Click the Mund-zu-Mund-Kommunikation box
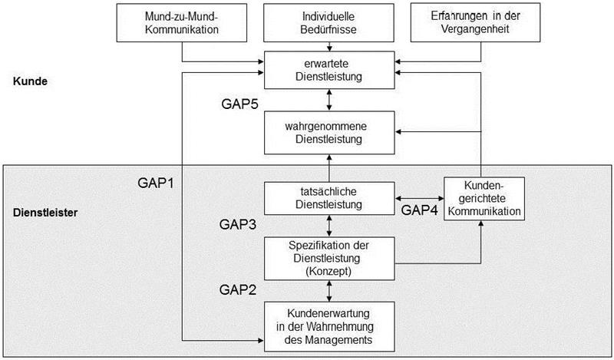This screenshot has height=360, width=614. click(x=181, y=23)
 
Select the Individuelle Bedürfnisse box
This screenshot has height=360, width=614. click(x=329, y=23)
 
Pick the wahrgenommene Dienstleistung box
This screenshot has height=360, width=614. click(x=329, y=132)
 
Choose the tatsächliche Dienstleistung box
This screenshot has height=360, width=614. click(x=329, y=198)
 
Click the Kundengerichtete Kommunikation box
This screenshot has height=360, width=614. click(x=482, y=198)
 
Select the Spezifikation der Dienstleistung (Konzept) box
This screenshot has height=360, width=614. click(x=329, y=257)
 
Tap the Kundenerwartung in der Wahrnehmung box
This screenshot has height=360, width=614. click(x=329, y=325)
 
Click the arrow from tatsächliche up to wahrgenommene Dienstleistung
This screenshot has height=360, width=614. click(x=329, y=167)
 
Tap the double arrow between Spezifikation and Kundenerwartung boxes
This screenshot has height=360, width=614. click(x=329, y=289)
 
